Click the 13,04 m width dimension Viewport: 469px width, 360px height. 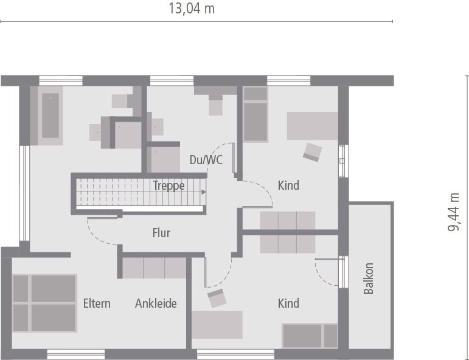[x=191, y=9]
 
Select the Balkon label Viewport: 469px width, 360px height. [x=368, y=279]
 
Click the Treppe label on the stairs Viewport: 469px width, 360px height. [x=168, y=186]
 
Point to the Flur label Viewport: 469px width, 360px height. [x=161, y=233]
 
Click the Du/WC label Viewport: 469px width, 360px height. [x=206, y=160]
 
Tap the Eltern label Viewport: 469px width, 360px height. [x=97, y=303]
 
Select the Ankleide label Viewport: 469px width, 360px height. [x=156, y=303]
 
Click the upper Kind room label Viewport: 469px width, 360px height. [x=288, y=185]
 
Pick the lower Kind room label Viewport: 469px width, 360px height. [x=288, y=303]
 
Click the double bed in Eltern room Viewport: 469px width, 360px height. [x=45, y=303]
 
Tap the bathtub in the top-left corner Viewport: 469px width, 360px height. [x=50, y=116]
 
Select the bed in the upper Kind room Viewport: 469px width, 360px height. [x=255, y=114]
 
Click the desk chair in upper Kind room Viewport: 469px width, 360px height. [x=313, y=152]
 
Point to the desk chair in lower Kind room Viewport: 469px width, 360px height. [x=217, y=298]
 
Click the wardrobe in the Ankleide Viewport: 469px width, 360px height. [x=154, y=268]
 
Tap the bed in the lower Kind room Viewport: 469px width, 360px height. [x=310, y=336]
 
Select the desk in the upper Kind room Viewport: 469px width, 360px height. [x=312, y=126]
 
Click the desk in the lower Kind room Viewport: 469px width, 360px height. [x=217, y=324]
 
